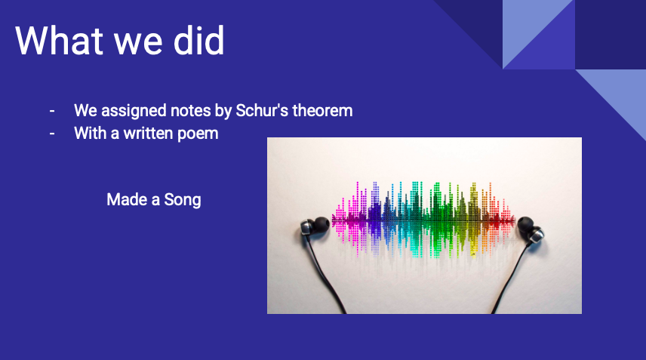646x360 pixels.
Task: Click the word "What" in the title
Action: coord(60,40)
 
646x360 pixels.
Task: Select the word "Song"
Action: coord(183,200)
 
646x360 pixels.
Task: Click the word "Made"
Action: coord(127,199)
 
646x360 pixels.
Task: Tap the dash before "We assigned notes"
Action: coord(52,111)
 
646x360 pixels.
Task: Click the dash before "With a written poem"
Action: coord(52,134)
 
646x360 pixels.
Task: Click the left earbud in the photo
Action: coord(315,227)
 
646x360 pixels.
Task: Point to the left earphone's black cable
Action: coord(325,276)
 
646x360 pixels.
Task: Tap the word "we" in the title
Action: coord(138,44)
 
